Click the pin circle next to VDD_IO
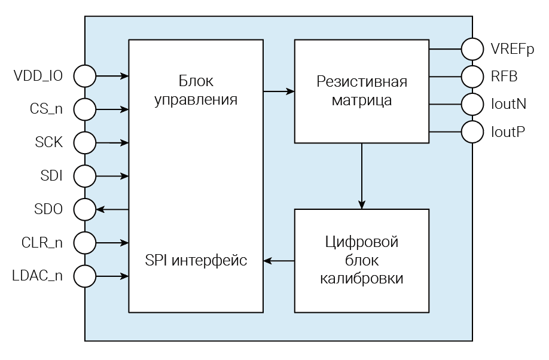coord(85,76)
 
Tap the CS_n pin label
coord(46,109)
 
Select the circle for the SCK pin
coord(85,143)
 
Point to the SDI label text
coord(51,176)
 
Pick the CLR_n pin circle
coord(85,243)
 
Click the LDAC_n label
coord(38,276)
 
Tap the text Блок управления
coord(196,90)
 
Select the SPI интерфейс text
coord(196,261)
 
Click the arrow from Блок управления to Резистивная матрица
coord(279,91)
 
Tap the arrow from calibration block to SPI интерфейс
coord(279,261)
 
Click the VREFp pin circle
coord(472,49)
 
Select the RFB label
coord(504,76)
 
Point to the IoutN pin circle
coord(472,103)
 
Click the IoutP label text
coord(508,132)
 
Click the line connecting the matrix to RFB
coord(445,76)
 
